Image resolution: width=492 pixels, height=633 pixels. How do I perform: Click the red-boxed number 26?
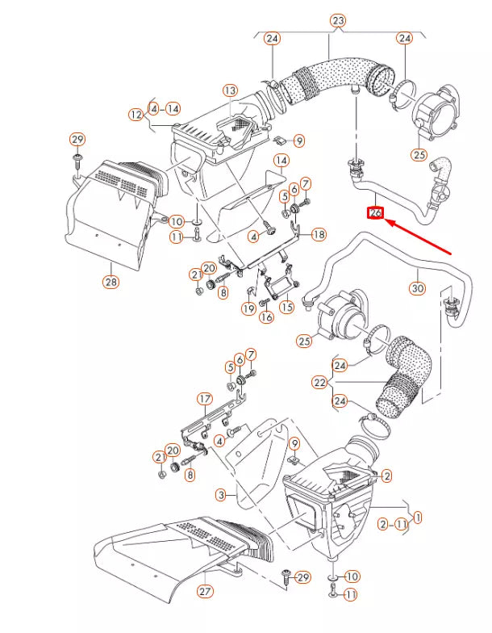click(375, 213)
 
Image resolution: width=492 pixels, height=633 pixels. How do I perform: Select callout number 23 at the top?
click(337, 20)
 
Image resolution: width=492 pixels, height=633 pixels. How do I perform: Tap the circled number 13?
click(231, 90)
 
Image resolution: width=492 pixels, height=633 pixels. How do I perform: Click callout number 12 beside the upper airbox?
click(135, 115)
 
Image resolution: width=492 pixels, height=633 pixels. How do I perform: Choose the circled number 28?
click(110, 282)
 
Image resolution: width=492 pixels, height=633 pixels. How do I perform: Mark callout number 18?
click(319, 234)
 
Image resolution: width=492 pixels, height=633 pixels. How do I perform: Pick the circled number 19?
click(248, 308)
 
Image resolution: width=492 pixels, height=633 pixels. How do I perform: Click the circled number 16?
click(267, 317)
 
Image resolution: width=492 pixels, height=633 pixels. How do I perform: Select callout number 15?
click(286, 307)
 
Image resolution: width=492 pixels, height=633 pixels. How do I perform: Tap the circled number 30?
click(417, 287)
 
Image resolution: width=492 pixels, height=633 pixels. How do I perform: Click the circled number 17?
click(205, 398)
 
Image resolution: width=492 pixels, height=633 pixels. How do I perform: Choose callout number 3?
click(220, 493)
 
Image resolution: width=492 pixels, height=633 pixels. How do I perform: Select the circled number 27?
click(206, 592)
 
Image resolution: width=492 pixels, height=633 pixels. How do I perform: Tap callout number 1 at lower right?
click(418, 516)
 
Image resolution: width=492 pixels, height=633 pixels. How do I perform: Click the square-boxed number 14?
click(280, 161)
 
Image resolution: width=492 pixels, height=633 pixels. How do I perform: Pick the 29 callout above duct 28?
click(77, 140)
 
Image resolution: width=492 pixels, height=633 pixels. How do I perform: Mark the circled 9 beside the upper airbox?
click(299, 141)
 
